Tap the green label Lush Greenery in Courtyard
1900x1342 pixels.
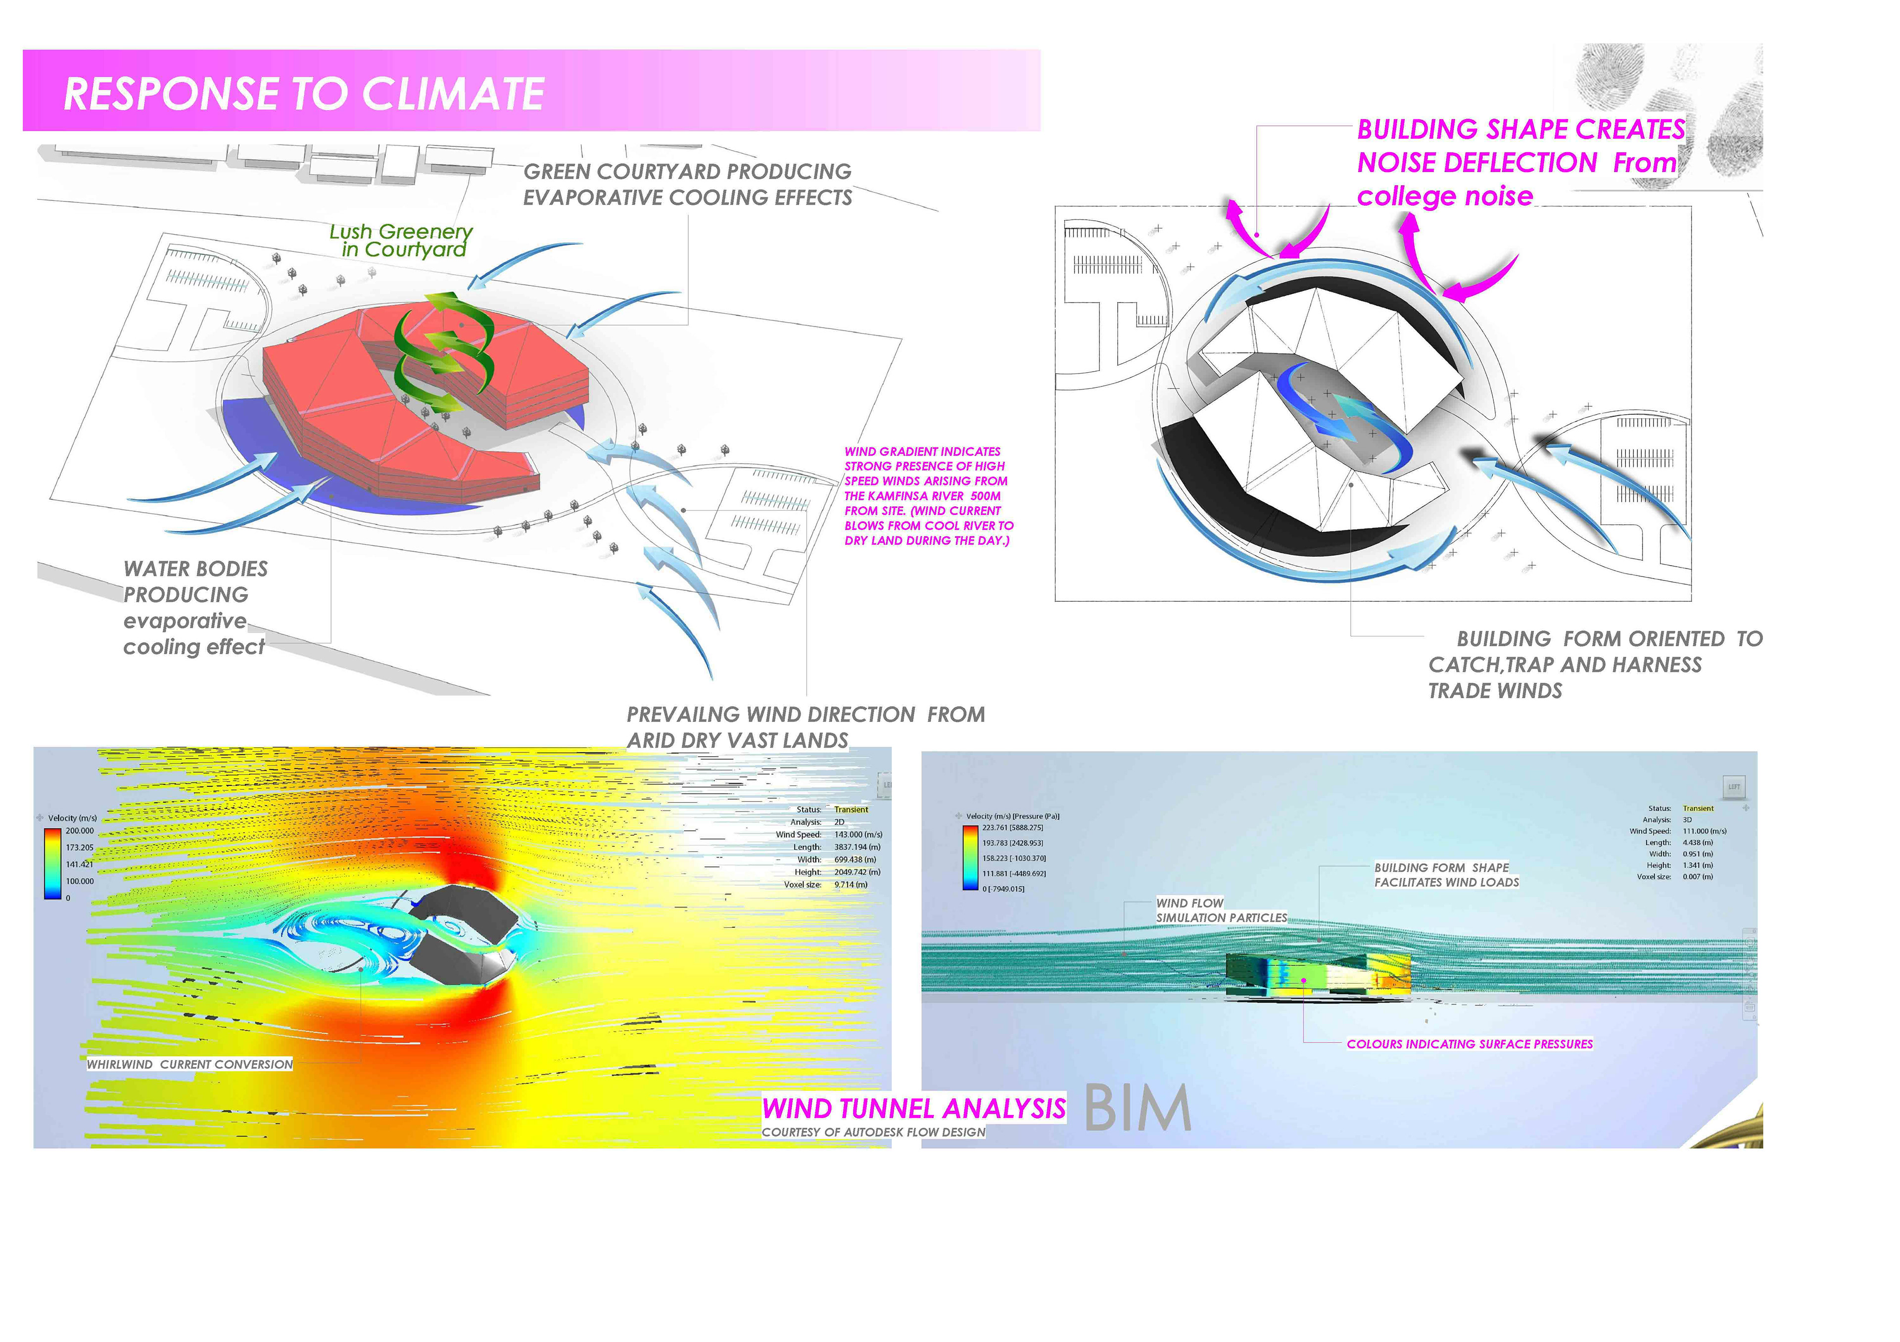pyautogui.click(x=402, y=241)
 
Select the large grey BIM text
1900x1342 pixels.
pyautogui.click(x=1137, y=1108)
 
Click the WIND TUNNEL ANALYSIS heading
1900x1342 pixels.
pyautogui.click(x=913, y=1108)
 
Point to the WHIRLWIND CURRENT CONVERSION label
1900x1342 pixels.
pyautogui.click(x=190, y=1064)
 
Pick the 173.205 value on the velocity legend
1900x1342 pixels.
pyautogui.click(x=80, y=847)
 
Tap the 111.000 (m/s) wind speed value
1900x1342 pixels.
pyautogui.click(x=1704, y=831)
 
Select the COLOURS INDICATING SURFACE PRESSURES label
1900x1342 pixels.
pyautogui.click(x=1469, y=1044)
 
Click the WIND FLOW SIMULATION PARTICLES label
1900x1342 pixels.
pyautogui.click(x=1221, y=910)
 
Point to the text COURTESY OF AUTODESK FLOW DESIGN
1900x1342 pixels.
pyautogui.click(x=873, y=1132)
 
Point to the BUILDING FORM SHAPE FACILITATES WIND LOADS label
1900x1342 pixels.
pyautogui.click(x=1446, y=874)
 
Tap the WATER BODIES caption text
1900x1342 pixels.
pyautogui.click(x=195, y=569)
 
